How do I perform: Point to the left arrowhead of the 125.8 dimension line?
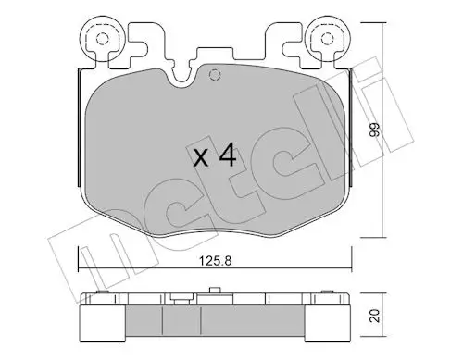(x=81, y=268)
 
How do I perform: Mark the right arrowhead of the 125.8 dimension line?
(x=349, y=268)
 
